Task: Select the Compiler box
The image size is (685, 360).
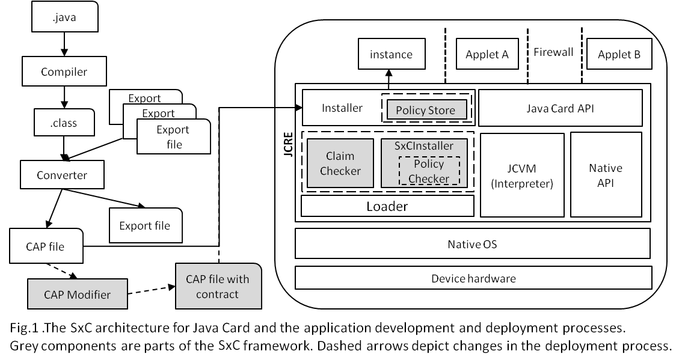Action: click(x=64, y=72)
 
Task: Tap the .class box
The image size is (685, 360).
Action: click(x=64, y=123)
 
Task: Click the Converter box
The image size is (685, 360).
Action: click(x=62, y=175)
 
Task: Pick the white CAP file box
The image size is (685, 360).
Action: click(x=45, y=246)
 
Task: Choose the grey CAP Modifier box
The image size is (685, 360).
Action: click(x=78, y=294)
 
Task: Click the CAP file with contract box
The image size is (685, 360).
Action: click(x=218, y=286)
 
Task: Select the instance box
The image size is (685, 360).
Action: click(x=391, y=55)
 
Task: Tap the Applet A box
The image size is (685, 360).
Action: click(x=487, y=55)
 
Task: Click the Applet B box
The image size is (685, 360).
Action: click(x=619, y=55)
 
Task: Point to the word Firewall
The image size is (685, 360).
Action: click(x=553, y=52)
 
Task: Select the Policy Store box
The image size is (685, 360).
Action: click(x=426, y=110)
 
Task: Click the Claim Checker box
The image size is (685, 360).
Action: click(x=340, y=163)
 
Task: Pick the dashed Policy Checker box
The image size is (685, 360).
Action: click(x=429, y=171)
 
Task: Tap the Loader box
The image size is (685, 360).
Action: click(x=387, y=206)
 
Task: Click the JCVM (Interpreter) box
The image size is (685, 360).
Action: click(x=522, y=175)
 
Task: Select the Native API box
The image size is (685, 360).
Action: click(x=606, y=175)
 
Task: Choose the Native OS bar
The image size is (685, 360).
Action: click(x=472, y=245)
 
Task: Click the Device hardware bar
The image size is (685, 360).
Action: click(x=473, y=278)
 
